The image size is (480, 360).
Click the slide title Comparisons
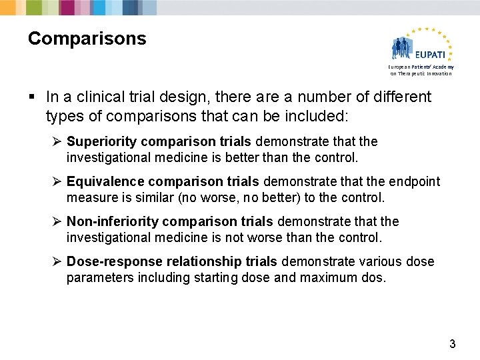coord(87,39)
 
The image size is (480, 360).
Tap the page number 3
coord(453,344)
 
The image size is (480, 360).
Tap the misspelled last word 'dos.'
coord(374,277)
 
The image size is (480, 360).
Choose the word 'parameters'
coord(99,277)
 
